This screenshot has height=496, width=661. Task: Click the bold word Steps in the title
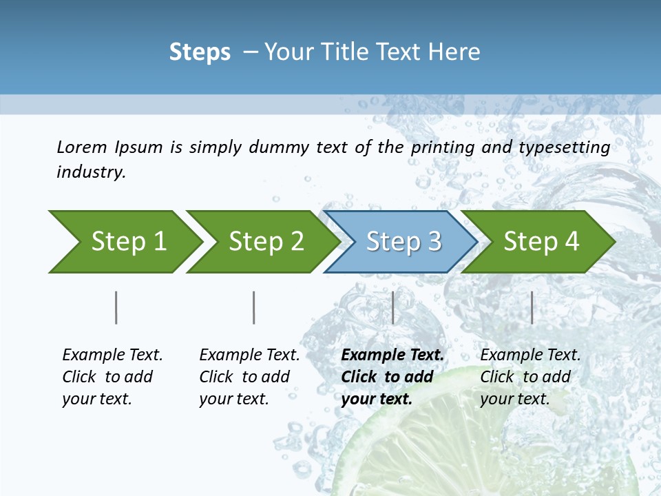200,52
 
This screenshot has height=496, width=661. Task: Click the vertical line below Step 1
116,307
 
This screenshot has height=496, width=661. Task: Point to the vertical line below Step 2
253,307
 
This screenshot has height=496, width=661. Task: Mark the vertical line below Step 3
392,307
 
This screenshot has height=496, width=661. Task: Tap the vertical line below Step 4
532,307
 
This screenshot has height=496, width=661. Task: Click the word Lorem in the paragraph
81,147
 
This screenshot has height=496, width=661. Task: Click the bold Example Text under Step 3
392,355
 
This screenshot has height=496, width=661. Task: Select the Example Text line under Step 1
112,355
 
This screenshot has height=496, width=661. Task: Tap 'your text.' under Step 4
514,399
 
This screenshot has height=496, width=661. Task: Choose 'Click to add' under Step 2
244,378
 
